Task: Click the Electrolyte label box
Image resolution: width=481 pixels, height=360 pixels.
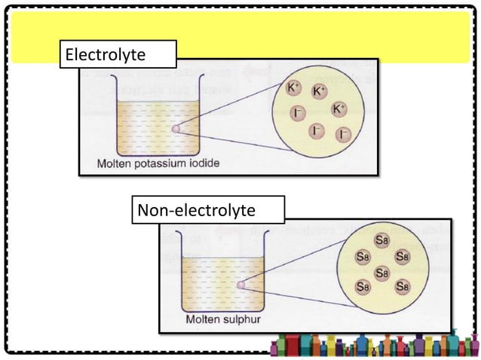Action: (118, 55)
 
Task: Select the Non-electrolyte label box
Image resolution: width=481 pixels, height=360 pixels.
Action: (207, 210)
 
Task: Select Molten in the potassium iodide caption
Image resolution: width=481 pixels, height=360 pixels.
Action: (117, 163)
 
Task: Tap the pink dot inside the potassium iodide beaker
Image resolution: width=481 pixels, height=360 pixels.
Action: (176, 129)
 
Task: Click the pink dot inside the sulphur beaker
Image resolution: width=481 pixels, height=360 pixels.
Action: (240, 285)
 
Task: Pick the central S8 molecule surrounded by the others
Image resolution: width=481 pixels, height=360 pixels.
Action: (381, 273)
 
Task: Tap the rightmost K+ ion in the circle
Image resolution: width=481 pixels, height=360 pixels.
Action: (339, 109)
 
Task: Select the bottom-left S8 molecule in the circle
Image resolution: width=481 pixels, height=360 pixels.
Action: (363, 287)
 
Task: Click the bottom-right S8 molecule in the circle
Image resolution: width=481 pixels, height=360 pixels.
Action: (402, 287)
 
